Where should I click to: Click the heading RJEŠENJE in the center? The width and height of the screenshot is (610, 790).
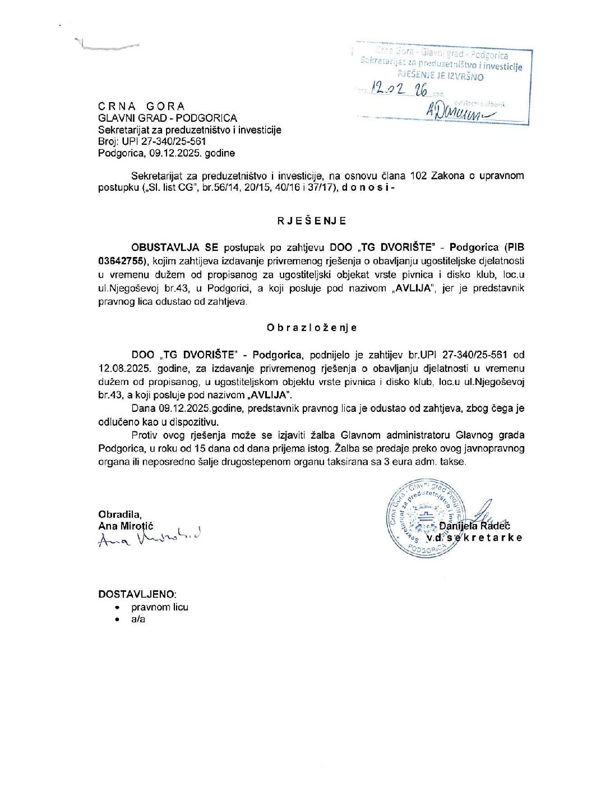(312, 221)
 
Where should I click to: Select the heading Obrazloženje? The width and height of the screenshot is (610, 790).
(312, 328)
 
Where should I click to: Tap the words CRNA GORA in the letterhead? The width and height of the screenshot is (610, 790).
(141, 106)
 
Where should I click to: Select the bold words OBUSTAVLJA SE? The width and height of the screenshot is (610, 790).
(174, 247)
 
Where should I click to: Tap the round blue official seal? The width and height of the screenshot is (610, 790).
(424, 518)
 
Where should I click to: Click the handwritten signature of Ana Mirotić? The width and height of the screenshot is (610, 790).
(149, 538)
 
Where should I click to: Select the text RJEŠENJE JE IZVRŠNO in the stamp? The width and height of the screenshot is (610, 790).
(440, 76)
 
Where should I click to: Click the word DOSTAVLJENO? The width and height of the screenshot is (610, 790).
(137, 594)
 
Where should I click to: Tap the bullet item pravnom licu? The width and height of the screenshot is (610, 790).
(160, 607)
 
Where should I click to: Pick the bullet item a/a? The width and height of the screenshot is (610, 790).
(138, 619)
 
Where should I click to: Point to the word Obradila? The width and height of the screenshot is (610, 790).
(119, 514)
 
